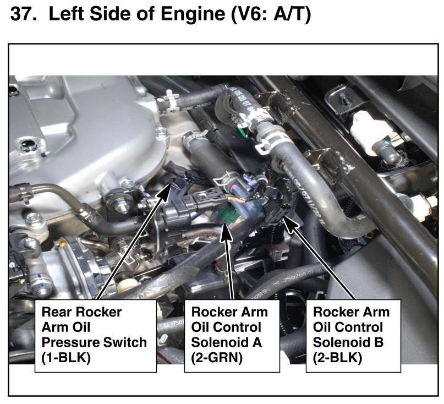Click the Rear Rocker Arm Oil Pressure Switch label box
coord(95,335)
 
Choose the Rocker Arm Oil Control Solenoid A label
coord(229,335)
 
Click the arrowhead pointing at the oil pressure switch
coord(166,190)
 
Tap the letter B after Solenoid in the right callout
coord(379,342)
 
